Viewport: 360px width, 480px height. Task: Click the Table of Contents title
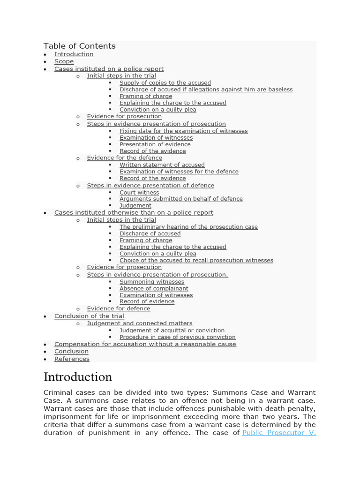(79, 46)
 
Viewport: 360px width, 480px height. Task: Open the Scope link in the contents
(64, 61)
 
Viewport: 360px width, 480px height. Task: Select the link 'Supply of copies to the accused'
(165, 83)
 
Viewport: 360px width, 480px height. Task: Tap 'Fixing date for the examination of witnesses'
(183, 131)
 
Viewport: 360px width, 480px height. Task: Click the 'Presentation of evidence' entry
(155, 144)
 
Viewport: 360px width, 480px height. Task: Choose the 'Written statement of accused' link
(162, 165)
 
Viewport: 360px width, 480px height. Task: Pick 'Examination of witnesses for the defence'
(179, 172)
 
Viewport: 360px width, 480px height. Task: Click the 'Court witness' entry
(139, 193)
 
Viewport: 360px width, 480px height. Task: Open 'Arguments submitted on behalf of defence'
(181, 199)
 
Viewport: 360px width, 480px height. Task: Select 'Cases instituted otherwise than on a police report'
(134, 213)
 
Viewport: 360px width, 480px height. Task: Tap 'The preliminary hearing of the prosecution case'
(188, 227)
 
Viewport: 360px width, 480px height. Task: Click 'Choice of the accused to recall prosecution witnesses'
(196, 261)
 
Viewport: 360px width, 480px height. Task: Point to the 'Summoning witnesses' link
(152, 282)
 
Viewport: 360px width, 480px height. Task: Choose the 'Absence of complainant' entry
(154, 289)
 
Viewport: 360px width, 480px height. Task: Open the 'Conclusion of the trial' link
(89, 316)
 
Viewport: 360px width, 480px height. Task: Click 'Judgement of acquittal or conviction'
(172, 330)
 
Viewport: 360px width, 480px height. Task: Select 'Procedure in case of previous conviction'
(177, 337)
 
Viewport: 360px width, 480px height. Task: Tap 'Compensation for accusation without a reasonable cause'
(145, 344)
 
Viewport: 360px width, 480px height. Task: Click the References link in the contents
(72, 359)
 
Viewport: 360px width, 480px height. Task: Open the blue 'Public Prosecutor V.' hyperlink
(279, 433)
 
